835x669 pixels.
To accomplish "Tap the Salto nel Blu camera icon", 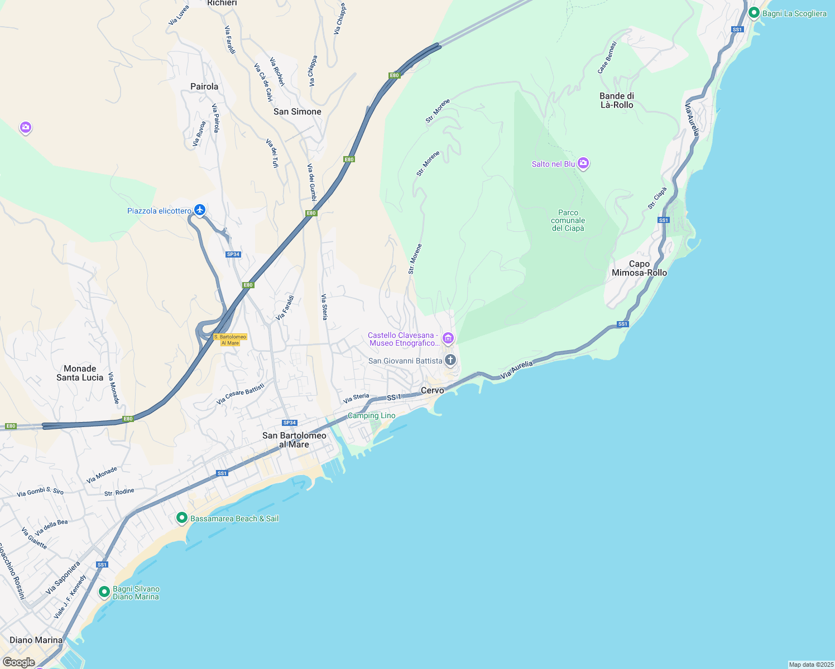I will pos(583,163).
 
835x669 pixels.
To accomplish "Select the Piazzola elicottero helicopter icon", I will pos(200,210).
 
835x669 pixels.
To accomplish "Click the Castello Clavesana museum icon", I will pos(448,338).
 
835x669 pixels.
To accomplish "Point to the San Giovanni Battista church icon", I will pos(450,360).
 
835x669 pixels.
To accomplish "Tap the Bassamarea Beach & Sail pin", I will pos(181,518).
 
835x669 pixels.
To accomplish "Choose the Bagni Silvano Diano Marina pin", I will pos(104,592).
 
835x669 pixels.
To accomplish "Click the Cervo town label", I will pos(432,390).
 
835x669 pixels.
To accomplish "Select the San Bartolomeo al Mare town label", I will pos(294,440).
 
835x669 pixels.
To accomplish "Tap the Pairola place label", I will pos(204,86).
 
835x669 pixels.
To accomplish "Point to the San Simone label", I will pos(297,111).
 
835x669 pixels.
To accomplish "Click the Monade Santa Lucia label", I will pos(80,373).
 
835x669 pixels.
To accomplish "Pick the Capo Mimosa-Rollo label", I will pos(639,268).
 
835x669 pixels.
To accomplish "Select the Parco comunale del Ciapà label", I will pos(568,220).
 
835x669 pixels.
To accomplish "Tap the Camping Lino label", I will pos(371,415).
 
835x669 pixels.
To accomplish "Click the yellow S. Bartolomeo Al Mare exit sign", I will pos(230,340).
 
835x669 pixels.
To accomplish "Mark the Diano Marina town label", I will pos(36,640).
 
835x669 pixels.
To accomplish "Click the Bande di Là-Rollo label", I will pos(617,100).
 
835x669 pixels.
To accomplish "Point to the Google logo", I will pos(18,662).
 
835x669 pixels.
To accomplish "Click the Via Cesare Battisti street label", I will pos(241,393).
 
